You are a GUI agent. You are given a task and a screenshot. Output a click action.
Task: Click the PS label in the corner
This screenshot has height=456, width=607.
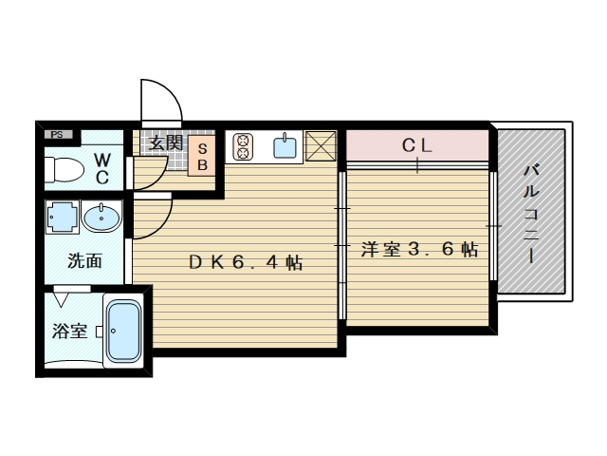pos(57,135)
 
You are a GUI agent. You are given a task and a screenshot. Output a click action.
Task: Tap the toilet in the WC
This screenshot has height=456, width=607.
pos(64,169)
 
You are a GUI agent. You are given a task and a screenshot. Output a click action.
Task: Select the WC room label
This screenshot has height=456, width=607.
pos(102,169)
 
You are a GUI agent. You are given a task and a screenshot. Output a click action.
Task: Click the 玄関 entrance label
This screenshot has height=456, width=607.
pos(166,143)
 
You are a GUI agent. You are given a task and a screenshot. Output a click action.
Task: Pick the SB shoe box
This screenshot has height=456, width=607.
pos(202,156)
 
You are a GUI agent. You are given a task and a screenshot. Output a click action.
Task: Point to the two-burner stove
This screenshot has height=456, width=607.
pos(243,146)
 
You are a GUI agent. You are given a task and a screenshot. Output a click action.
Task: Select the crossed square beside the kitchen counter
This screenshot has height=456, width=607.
pos(321,145)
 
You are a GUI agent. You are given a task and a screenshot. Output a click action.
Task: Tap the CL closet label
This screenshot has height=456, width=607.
pos(416,145)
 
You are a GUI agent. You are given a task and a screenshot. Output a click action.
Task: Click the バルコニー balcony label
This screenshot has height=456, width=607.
pos(531,214)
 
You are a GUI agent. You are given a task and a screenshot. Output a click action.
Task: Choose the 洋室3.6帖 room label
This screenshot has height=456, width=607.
pos(419,249)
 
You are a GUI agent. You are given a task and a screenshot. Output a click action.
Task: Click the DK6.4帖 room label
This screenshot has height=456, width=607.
pos(246,262)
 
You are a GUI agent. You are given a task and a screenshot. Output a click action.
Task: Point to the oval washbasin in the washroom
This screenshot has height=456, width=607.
pos(101,217)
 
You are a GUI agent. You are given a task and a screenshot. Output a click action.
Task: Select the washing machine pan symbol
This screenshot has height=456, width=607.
pos(62,217)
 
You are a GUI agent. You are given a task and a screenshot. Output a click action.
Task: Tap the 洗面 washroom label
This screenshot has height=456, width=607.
pos(84,260)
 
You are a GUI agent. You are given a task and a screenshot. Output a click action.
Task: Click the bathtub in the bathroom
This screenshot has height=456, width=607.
pos(123,332)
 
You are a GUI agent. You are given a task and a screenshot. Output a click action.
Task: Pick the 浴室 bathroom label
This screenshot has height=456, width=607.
pos(69,332)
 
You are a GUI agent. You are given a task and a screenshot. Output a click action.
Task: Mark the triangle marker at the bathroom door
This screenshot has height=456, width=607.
pos(61,299)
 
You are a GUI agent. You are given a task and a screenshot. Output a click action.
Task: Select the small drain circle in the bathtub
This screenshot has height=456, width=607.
pos(114,331)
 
